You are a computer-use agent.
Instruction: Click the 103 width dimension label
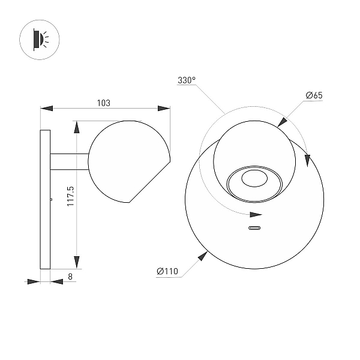tap(104, 103)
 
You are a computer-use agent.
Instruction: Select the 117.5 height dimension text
tap(70, 196)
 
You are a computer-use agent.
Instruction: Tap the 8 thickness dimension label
tap(70, 277)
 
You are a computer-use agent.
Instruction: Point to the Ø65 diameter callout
tap(314, 95)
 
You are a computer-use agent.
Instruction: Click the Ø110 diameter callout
tap(167, 271)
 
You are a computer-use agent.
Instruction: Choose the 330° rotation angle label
tap(187, 80)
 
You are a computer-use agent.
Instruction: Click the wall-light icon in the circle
tap(41, 40)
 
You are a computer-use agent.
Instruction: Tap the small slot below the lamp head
tap(254, 228)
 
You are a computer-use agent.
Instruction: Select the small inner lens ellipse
tap(254, 178)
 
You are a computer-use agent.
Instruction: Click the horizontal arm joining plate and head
tap(70, 161)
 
